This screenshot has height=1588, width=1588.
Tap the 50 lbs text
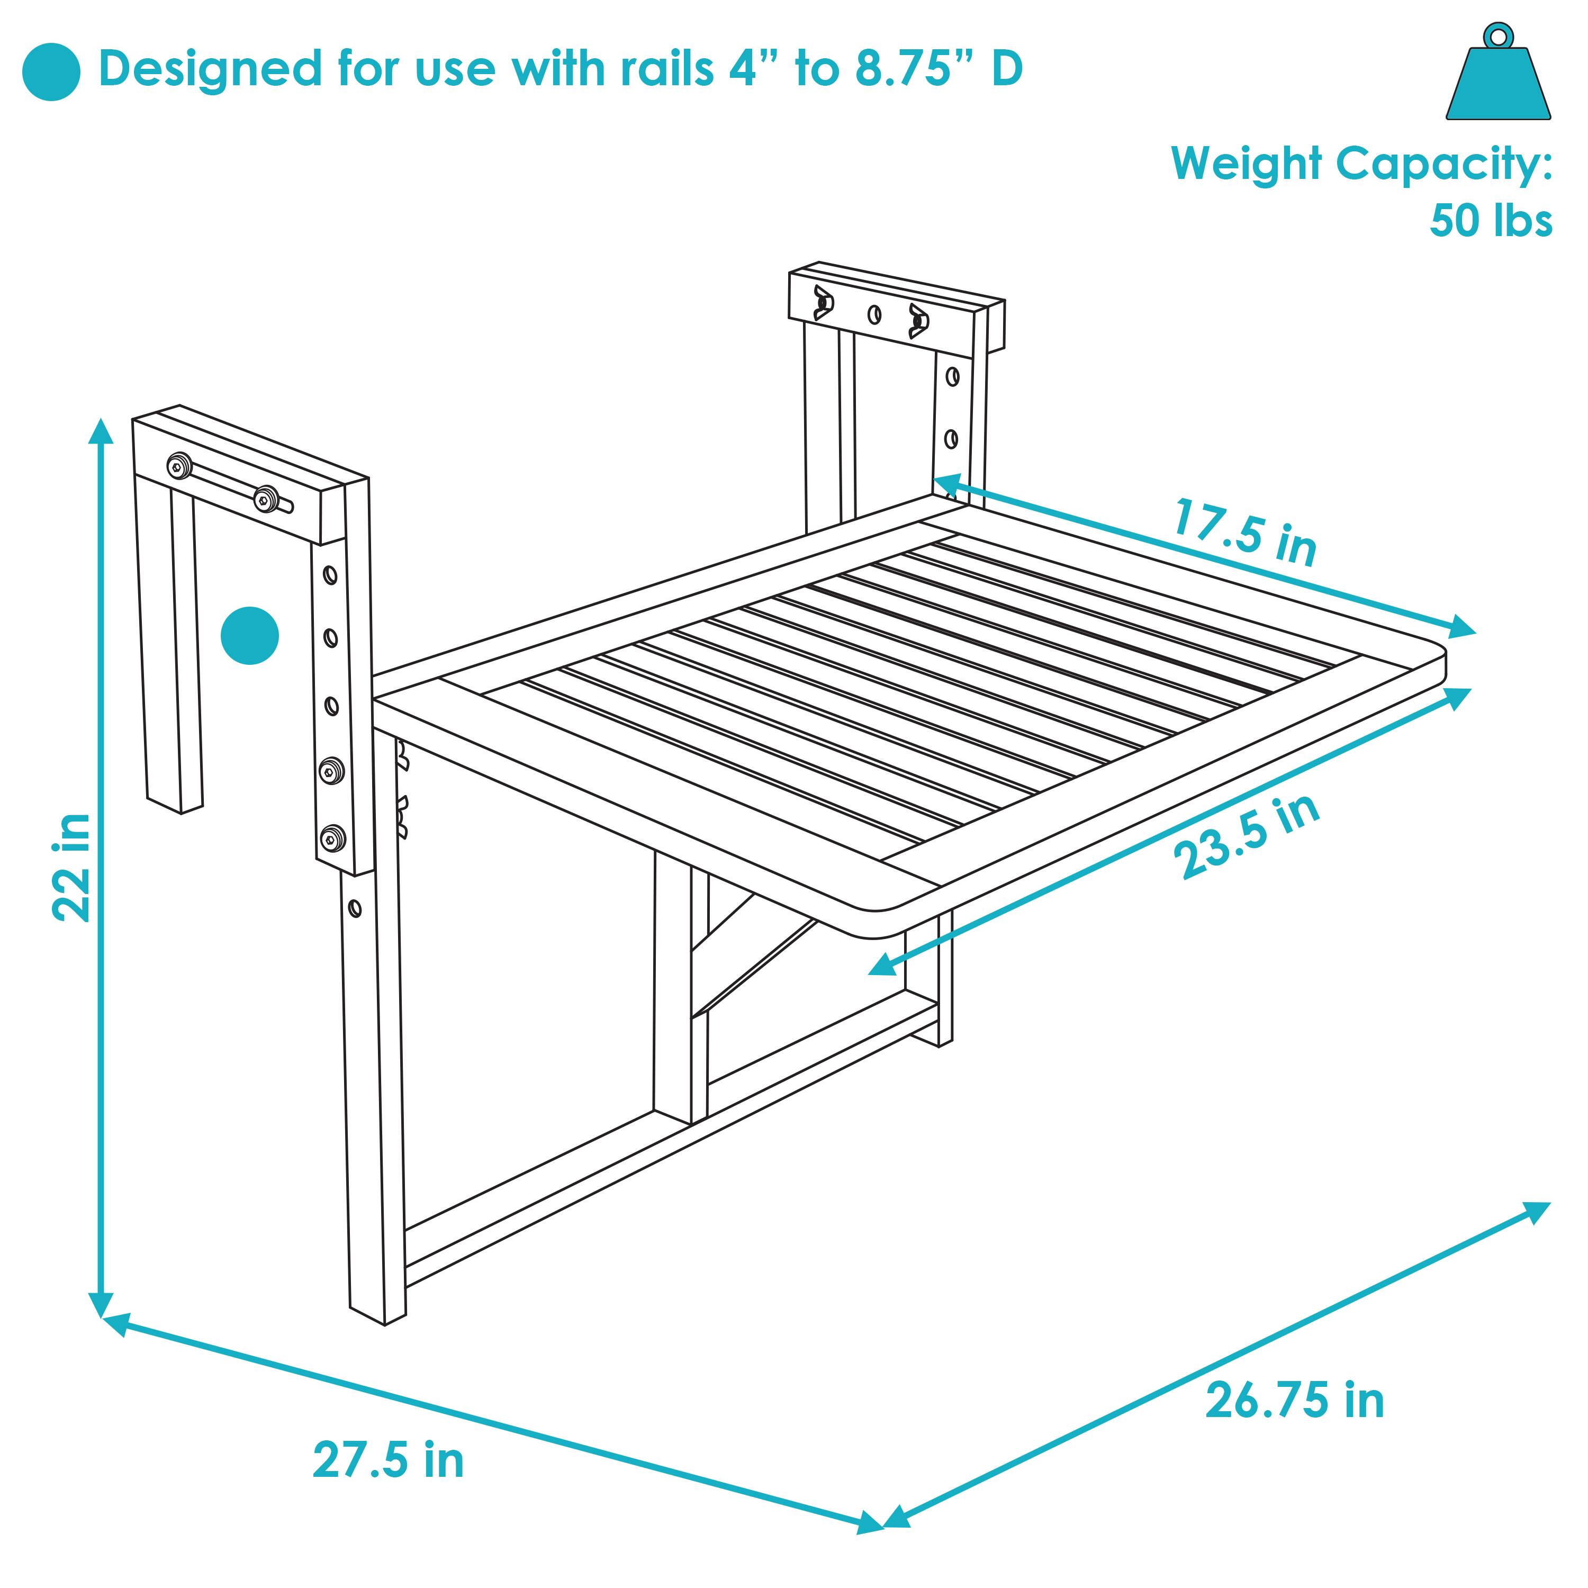coord(1490,220)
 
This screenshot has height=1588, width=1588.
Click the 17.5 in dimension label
coord(1244,532)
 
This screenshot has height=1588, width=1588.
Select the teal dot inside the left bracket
coord(250,635)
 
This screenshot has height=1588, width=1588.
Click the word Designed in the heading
coord(210,69)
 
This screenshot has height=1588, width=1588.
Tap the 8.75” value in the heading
coord(913,69)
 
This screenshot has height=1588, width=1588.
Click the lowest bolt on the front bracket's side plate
coord(332,839)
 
